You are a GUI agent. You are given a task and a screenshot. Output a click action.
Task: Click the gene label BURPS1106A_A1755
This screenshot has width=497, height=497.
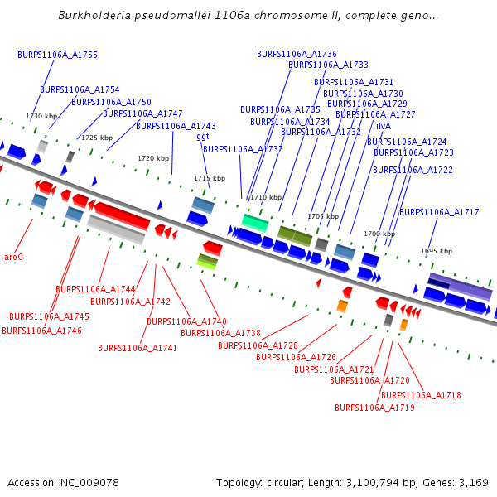57,55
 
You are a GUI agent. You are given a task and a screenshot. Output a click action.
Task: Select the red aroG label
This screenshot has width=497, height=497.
13,258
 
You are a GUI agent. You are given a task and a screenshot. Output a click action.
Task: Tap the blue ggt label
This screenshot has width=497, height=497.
203,138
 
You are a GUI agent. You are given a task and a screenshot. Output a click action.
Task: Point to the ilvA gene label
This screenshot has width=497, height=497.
384,126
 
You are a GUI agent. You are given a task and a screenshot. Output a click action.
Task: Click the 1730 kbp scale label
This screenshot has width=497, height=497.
41,117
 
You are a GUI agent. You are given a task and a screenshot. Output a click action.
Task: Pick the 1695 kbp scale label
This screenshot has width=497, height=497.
437,251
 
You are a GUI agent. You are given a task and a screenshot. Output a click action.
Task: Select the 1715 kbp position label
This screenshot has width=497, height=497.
210,178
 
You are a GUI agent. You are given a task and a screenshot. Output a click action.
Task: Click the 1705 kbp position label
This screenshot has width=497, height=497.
323,216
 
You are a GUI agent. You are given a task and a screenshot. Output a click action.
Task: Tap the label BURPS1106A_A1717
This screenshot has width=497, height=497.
439,213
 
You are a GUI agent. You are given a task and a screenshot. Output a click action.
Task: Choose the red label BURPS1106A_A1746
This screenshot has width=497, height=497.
41,331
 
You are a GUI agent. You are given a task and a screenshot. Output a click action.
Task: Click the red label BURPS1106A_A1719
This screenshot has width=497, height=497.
374,408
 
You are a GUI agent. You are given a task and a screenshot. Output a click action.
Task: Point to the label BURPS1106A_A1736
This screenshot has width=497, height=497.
297,54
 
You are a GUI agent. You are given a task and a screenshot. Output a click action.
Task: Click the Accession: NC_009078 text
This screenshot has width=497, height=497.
63,483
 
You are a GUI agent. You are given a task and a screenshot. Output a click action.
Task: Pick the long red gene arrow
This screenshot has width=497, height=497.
120,216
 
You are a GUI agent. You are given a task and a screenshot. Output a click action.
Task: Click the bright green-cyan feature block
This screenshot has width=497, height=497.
255,222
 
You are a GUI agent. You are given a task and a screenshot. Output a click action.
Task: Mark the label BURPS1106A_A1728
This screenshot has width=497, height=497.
258,345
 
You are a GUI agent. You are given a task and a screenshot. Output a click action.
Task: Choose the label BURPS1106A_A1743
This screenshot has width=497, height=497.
176,127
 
